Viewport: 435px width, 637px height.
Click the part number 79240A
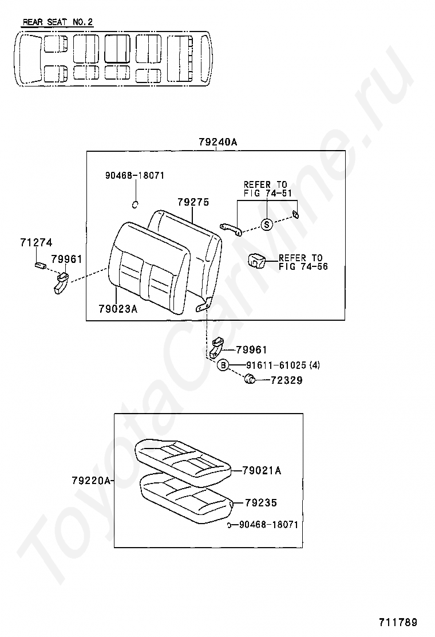pyautogui.click(x=217, y=141)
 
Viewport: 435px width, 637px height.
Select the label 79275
pyautogui.click(x=193, y=202)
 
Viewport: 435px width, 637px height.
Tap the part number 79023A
pyautogui.click(x=118, y=309)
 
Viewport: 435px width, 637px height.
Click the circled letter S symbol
pyautogui.click(x=267, y=225)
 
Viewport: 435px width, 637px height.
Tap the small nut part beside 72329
pyautogui.click(x=250, y=379)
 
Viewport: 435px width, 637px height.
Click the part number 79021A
pyautogui.click(x=262, y=470)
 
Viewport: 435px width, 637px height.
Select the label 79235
pyautogui.click(x=260, y=502)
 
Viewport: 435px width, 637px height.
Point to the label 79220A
pyautogui.click(x=91, y=481)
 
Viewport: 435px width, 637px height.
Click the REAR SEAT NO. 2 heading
pyautogui.click(x=57, y=22)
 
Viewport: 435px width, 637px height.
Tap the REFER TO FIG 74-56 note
pyautogui.click(x=303, y=262)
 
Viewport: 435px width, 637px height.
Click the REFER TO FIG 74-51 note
pyautogui.click(x=266, y=188)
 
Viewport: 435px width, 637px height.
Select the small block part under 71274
pyautogui.click(x=40, y=265)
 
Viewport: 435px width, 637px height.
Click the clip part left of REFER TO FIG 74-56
pyautogui.click(x=256, y=260)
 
